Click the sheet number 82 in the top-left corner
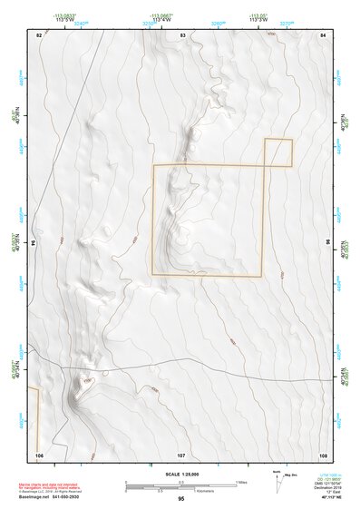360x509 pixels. pyautogui.click(x=38, y=34)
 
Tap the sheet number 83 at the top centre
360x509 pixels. pyautogui.click(x=182, y=34)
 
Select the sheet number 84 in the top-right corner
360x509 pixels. pyautogui.click(x=323, y=34)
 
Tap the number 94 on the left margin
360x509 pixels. pyautogui.click(x=34, y=244)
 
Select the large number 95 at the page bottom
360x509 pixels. pyautogui.click(x=181, y=499)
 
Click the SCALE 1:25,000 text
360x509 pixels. pyautogui.click(x=181, y=474)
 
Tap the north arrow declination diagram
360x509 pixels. pyautogui.click(x=277, y=480)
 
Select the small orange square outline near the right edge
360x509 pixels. pyautogui.click(x=278, y=152)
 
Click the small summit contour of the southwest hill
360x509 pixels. pyautogui.click(x=88, y=383)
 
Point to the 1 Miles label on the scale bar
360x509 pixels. pyautogui.click(x=240, y=481)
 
